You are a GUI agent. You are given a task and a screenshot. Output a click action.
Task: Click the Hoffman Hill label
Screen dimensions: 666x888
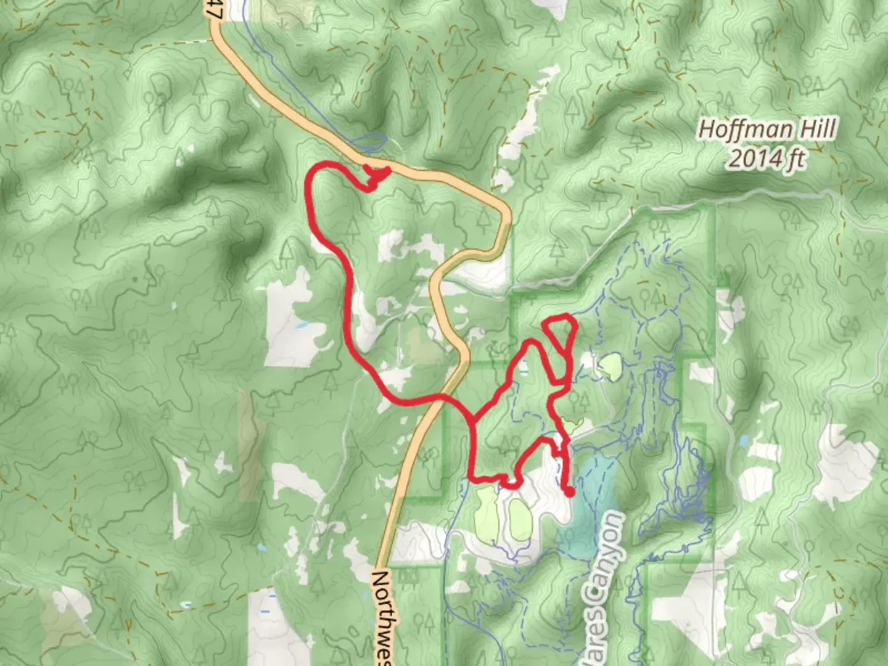(767, 129)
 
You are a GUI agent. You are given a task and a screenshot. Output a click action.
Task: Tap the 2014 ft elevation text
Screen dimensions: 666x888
(767, 159)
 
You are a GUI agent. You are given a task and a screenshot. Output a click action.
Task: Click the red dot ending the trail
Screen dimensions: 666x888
(570, 492)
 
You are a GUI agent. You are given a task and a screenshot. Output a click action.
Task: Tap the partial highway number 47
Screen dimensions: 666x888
(213, 9)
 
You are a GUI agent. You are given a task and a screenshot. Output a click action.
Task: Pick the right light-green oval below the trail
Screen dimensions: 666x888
(518, 518)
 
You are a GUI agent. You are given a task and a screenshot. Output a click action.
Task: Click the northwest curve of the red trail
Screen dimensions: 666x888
(316, 176)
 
